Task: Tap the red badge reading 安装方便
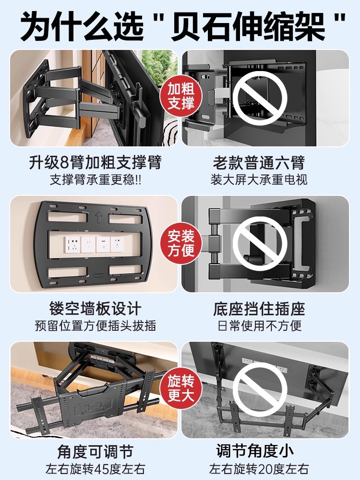click(x=181, y=243)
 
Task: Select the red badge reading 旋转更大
click(x=181, y=389)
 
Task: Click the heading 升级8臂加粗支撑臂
click(x=95, y=162)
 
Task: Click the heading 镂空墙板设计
click(x=95, y=308)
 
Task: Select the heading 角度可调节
click(x=95, y=452)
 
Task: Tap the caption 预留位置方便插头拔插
click(x=95, y=325)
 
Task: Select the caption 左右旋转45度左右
click(x=95, y=469)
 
